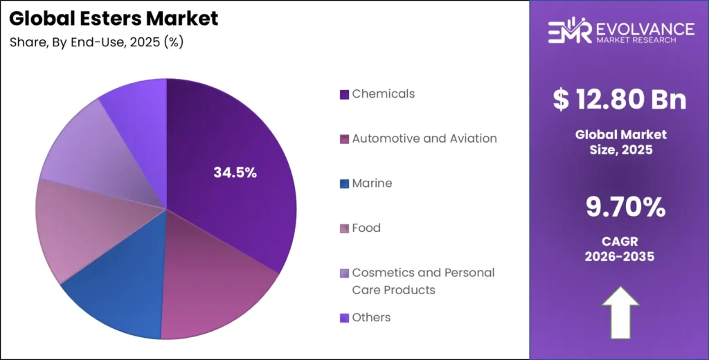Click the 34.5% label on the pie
tap(235, 173)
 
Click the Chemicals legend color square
tap(344, 94)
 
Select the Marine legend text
tap(372, 183)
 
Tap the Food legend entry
tap(366, 228)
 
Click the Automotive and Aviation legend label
tap(424, 138)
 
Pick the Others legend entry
tap(371, 317)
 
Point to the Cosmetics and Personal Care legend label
tap(422, 280)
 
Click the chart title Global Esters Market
tap(114, 19)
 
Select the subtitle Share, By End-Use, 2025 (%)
tap(96, 42)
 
